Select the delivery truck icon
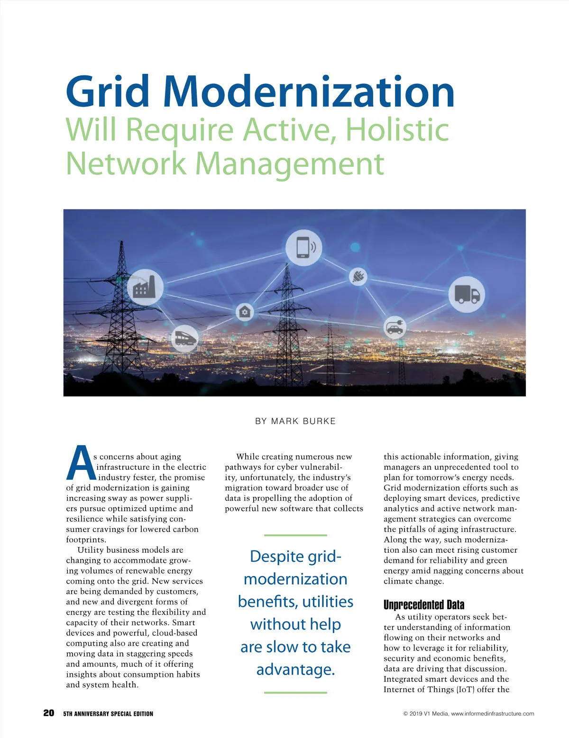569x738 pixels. pyautogui.click(x=467, y=294)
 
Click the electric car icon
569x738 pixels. pyautogui.click(x=395, y=327)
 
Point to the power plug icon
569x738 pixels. pyautogui.click(x=358, y=276)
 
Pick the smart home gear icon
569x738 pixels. pyautogui.click(x=245, y=312)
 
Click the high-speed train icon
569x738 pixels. pyautogui.click(x=184, y=338)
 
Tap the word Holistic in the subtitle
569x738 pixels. pyautogui.click(x=397, y=129)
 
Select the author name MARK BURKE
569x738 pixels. pyautogui.click(x=303, y=421)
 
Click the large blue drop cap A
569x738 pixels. pyautogui.click(x=80, y=463)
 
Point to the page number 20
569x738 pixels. pyautogui.click(x=48, y=713)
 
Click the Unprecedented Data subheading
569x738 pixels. pyautogui.click(x=424, y=604)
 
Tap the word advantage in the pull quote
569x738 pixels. pyautogui.click(x=295, y=669)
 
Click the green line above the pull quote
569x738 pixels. pyautogui.click(x=295, y=535)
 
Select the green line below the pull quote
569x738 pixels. pyautogui.click(x=295, y=693)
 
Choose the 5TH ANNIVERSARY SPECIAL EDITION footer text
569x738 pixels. pyautogui.click(x=108, y=713)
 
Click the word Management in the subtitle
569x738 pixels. pyautogui.click(x=289, y=163)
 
